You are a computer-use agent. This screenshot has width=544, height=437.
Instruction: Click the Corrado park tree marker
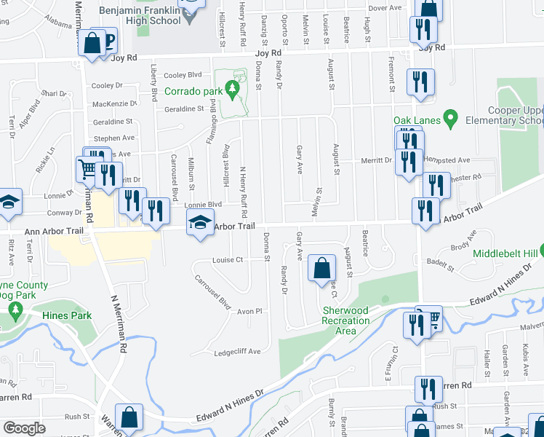tap(233, 90)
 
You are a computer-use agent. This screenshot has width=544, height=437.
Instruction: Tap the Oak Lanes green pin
tap(451, 117)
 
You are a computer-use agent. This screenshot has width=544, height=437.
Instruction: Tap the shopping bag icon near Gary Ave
tap(321, 268)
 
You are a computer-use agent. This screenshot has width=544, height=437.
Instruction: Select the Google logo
tap(24, 428)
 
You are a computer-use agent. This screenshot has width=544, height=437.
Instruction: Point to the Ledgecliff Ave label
tap(237, 352)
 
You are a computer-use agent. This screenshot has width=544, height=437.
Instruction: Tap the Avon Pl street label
tap(248, 311)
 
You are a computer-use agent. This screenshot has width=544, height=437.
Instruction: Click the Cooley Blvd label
tap(183, 75)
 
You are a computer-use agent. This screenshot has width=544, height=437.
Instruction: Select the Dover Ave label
tap(385, 8)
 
